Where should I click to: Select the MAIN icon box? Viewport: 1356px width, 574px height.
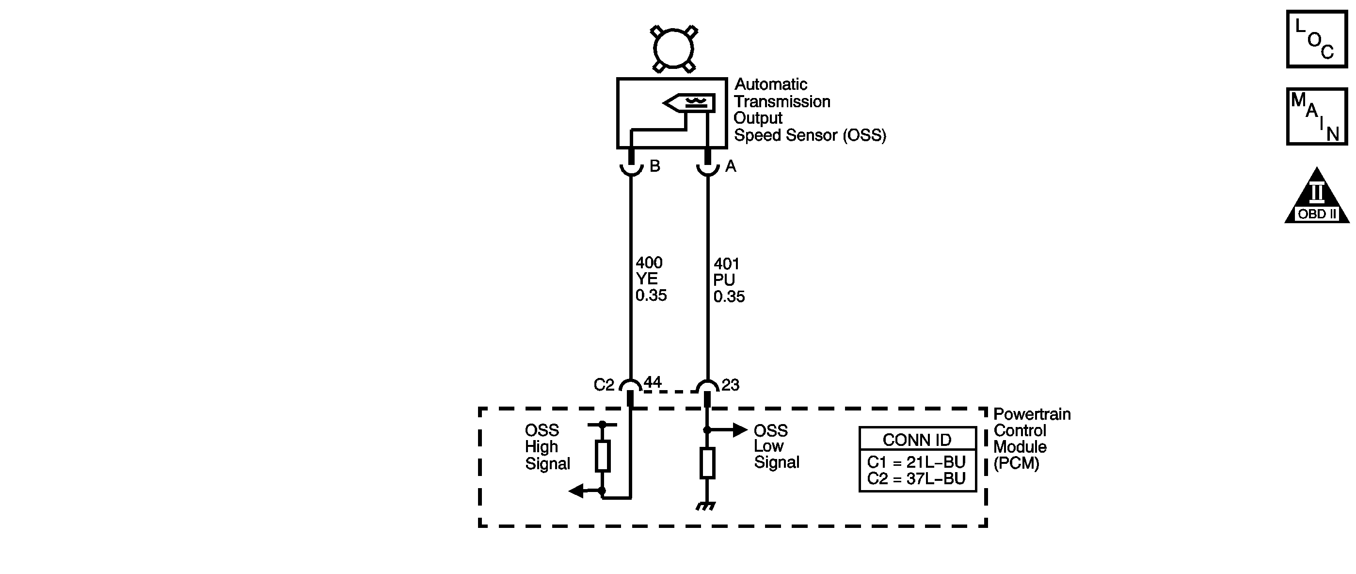(x=1317, y=116)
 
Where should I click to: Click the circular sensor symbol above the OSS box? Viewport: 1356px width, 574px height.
(x=673, y=49)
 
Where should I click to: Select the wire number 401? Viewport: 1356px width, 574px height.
(x=727, y=264)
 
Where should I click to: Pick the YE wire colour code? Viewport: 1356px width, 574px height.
(x=646, y=279)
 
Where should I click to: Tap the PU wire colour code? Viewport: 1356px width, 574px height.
(x=724, y=280)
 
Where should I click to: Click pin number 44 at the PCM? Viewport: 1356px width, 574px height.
(x=653, y=382)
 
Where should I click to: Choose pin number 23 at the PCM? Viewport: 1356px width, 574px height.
(x=730, y=385)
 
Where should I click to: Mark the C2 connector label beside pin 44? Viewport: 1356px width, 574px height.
(x=604, y=385)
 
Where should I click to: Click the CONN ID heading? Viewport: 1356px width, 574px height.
(x=917, y=440)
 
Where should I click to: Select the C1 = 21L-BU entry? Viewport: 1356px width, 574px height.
(x=916, y=462)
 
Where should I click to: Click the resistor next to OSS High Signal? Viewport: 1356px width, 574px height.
(x=603, y=456)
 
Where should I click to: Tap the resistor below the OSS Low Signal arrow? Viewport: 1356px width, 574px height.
(x=707, y=463)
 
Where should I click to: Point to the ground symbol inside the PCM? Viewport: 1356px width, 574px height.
(x=706, y=507)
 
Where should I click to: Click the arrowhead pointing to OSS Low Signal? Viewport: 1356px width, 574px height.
(x=740, y=430)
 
